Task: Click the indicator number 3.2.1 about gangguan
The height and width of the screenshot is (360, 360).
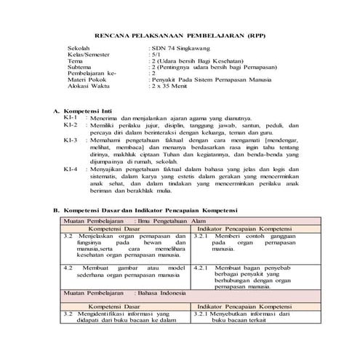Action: click(203, 236)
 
